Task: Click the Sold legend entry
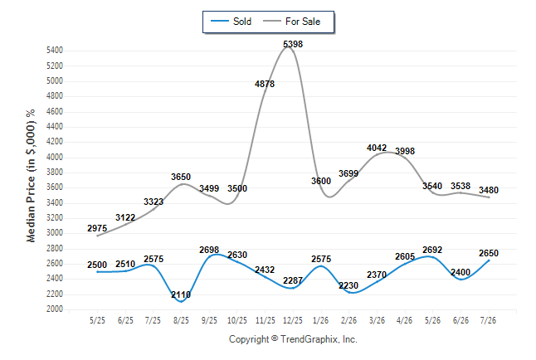pyautogui.click(x=231, y=22)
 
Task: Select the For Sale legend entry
pyautogui.click(x=291, y=22)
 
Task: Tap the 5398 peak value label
pyautogui.click(x=293, y=44)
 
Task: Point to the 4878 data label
pyautogui.click(x=265, y=84)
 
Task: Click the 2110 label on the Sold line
pyautogui.click(x=181, y=294)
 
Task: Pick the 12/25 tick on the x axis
pyautogui.click(x=293, y=320)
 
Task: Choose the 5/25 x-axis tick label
pyautogui.click(x=97, y=320)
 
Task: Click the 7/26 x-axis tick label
pyautogui.click(x=488, y=320)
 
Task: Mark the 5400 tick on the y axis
pyautogui.click(x=55, y=51)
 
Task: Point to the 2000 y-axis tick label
pyautogui.click(x=55, y=309)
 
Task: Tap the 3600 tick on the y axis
pyautogui.click(x=55, y=187)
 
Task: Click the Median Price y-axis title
pyautogui.click(x=31, y=176)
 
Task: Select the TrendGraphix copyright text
pyautogui.click(x=293, y=339)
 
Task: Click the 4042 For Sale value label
pyautogui.click(x=377, y=148)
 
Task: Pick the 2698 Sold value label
pyautogui.click(x=209, y=250)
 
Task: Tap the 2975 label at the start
pyautogui.click(x=97, y=228)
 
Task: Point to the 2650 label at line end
pyautogui.click(x=489, y=253)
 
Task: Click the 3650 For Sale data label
pyautogui.click(x=181, y=177)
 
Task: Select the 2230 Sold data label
pyautogui.click(x=348, y=285)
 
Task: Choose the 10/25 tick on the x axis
pyautogui.click(x=237, y=320)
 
